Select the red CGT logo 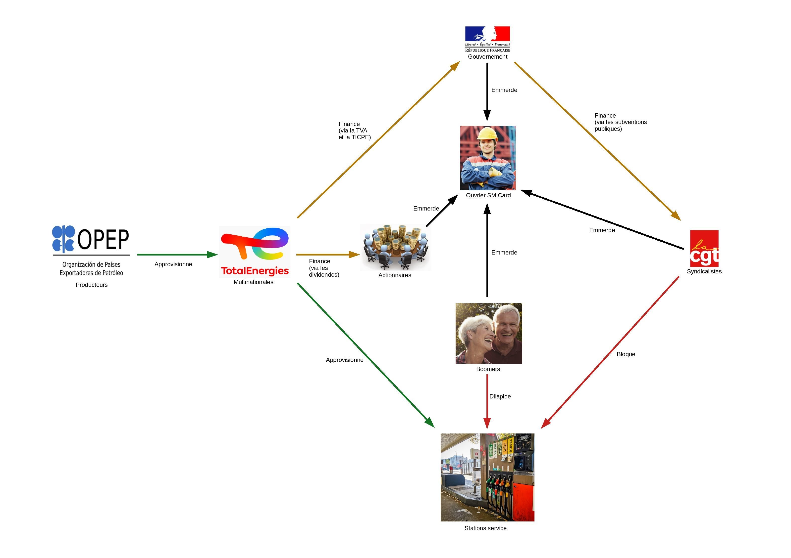coord(704,248)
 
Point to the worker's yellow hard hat coord(487,133)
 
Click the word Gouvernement coord(487,57)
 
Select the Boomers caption coord(488,369)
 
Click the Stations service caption coord(485,528)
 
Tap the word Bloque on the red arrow coord(626,354)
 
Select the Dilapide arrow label coord(500,396)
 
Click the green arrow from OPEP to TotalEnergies coord(177,255)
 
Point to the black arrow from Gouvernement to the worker coord(487,92)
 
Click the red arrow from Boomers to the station coord(487,401)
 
